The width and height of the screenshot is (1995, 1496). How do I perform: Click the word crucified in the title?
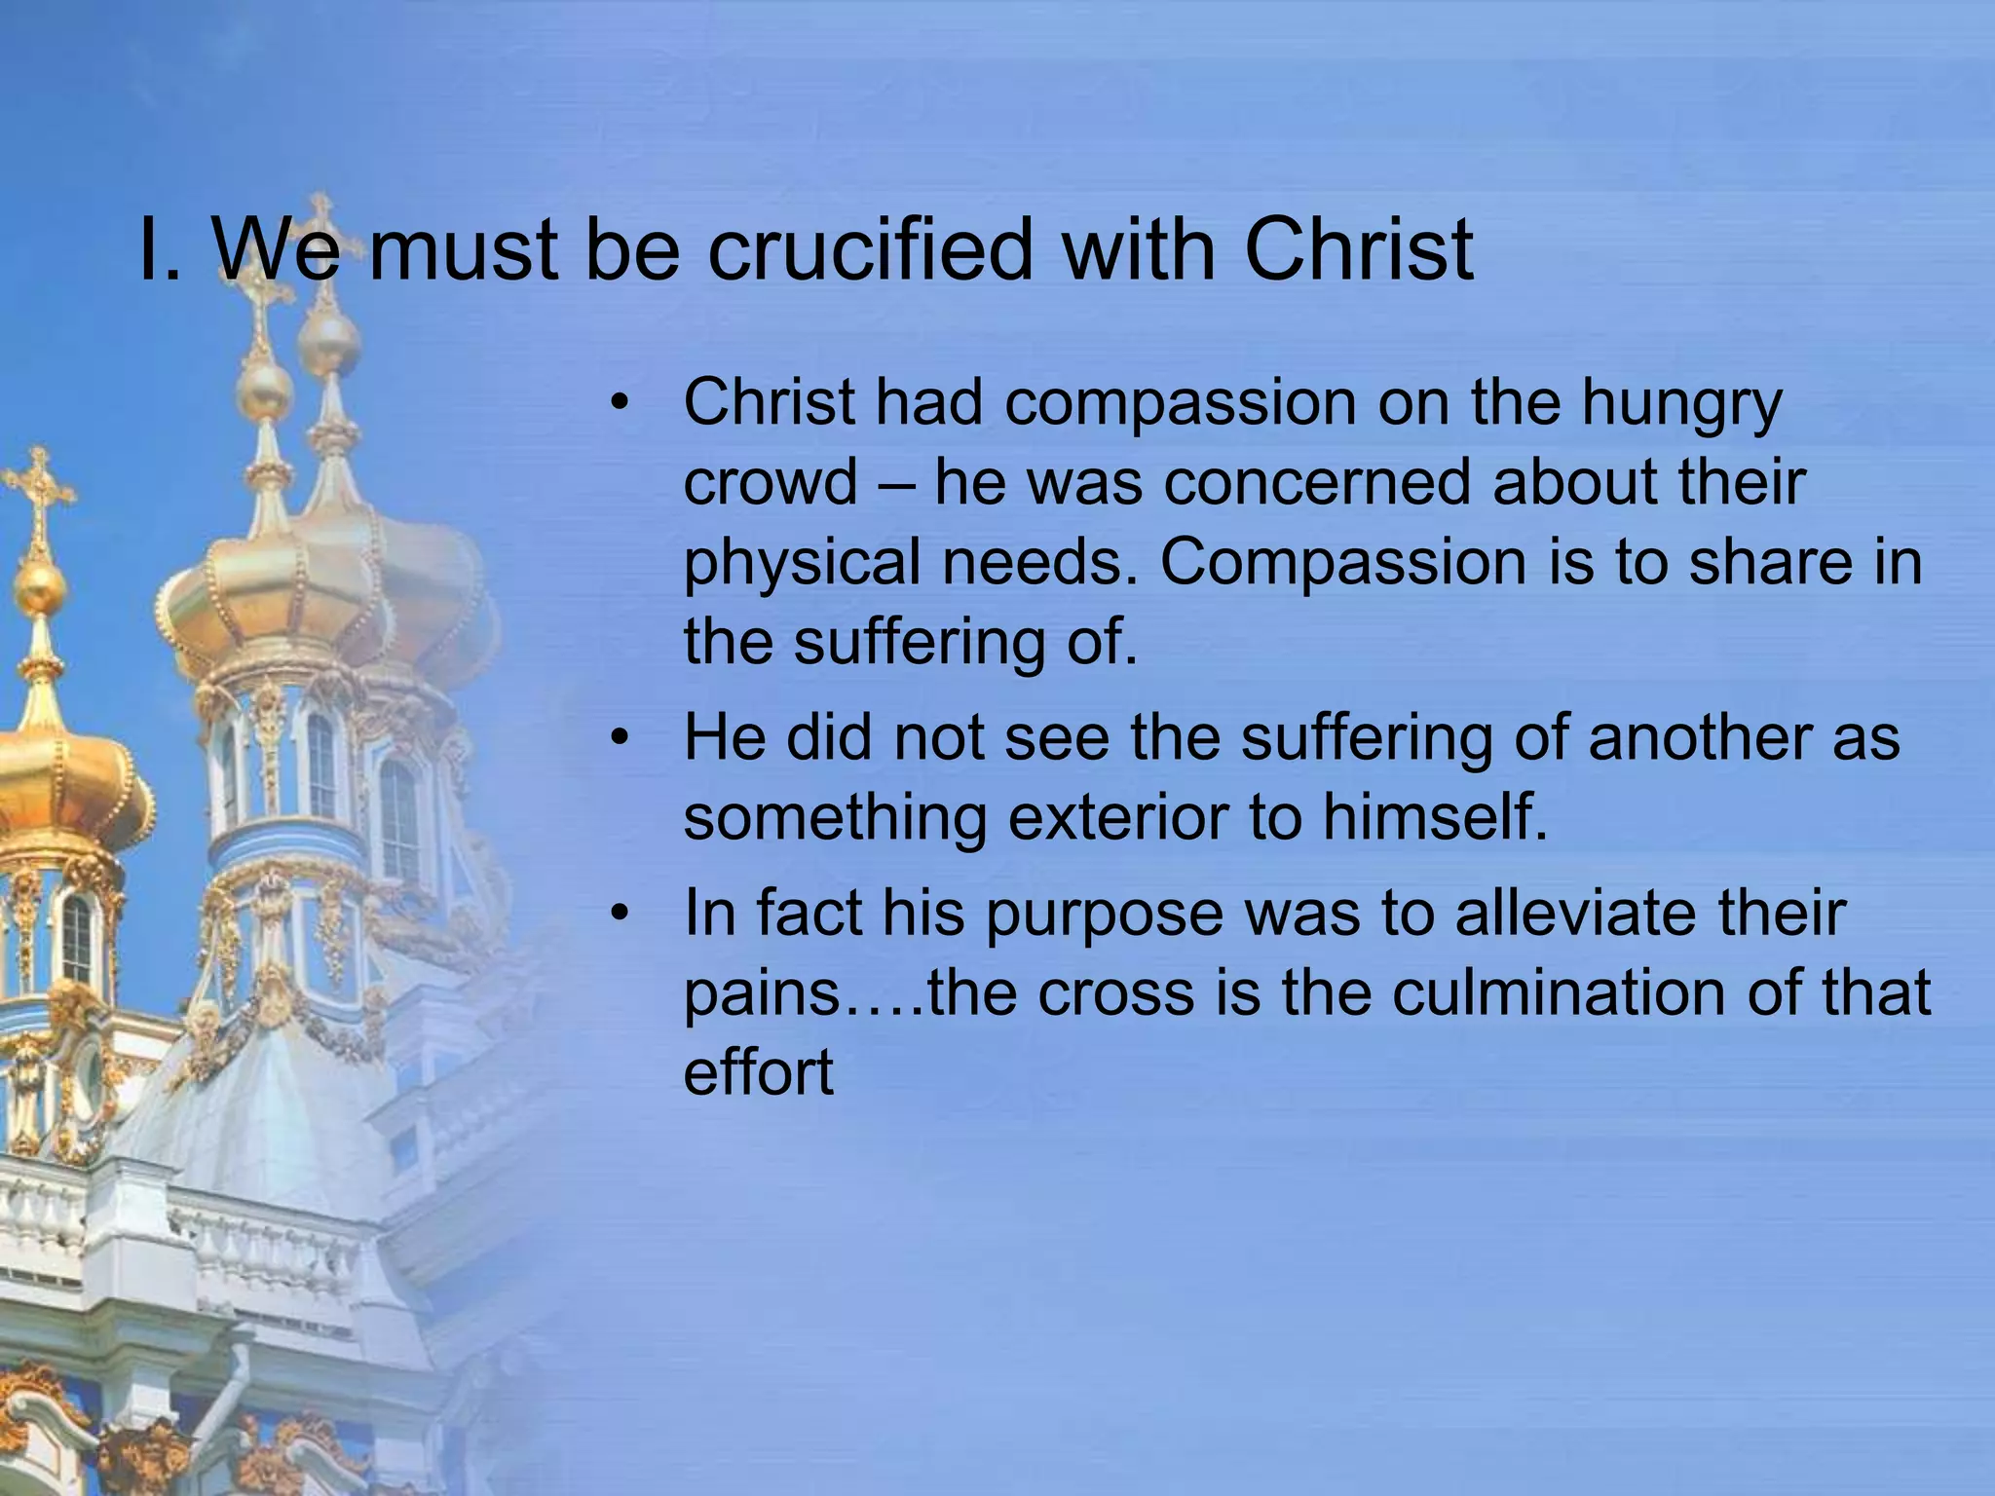point(867,251)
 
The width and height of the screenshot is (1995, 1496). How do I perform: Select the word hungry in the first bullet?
point(1681,404)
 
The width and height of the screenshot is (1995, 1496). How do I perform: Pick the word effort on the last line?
point(758,1073)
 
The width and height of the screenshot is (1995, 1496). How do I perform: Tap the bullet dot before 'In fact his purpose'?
point(621,915)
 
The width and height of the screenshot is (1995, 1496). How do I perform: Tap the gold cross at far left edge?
point(37,487)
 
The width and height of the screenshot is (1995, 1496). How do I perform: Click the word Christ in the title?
point(1358,251)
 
